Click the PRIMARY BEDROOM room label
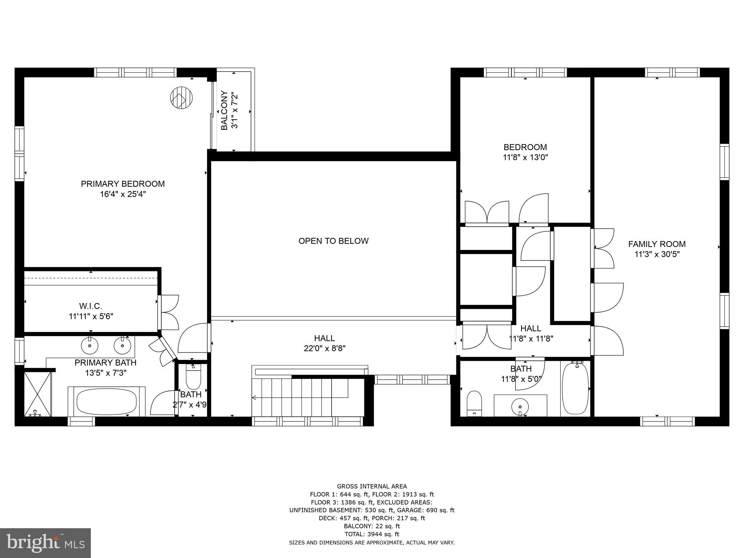point(122,184)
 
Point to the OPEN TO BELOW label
point(333,241)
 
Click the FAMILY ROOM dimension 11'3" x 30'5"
point(657,254)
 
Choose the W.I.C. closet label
point(90,306)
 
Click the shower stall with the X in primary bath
point(38,393)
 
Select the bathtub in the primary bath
point(106,401)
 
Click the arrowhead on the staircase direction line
point(254,398)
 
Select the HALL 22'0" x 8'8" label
point(324,343)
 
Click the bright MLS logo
point(45,543)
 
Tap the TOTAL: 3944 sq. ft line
point(371,534)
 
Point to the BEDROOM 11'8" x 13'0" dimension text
point(525,157)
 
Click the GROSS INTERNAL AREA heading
point(372,486)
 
